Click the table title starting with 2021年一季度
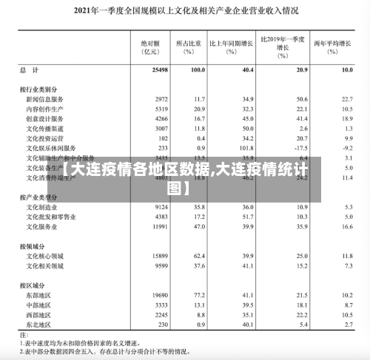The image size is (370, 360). click(185, 10)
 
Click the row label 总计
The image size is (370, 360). click(30, 69)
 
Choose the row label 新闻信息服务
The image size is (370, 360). click(44, 98)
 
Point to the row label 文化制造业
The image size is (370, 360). click(41, 208)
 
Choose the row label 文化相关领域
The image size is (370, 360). click(44, 265)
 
